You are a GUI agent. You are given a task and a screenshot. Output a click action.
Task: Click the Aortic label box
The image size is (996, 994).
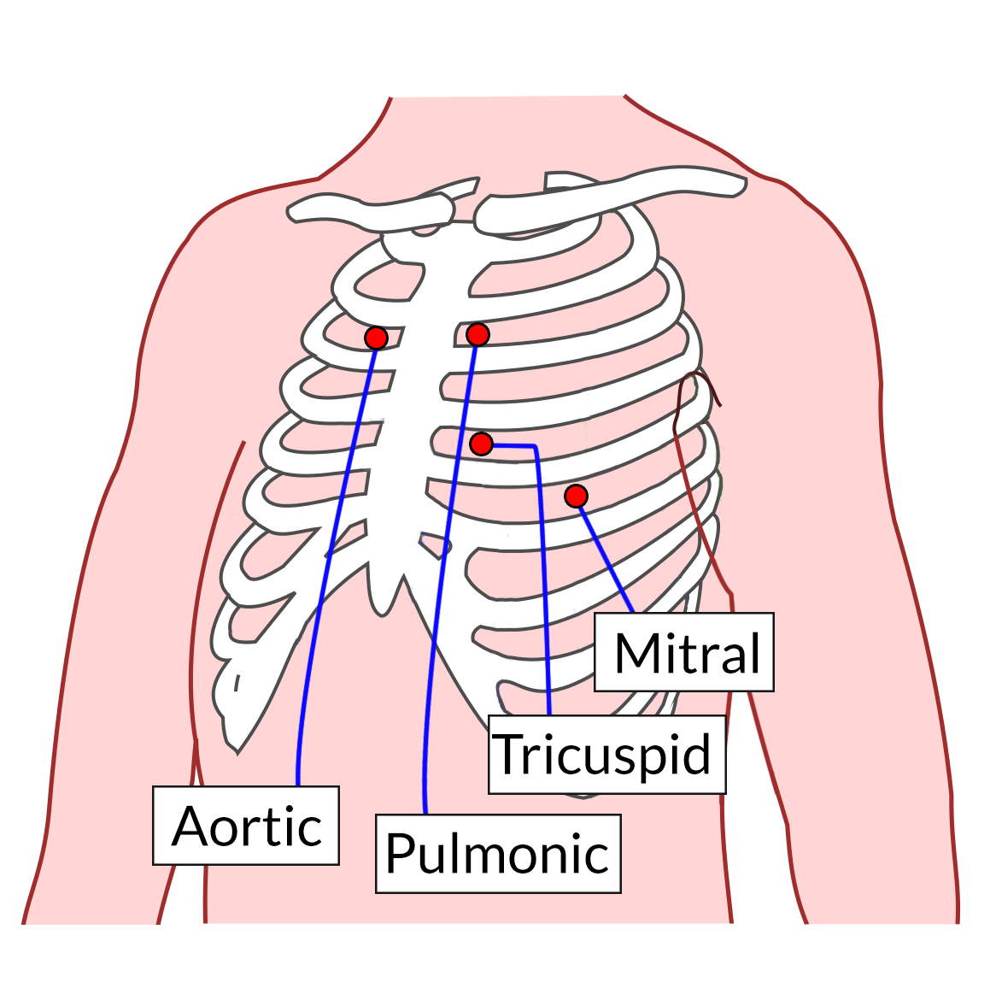(246, 826)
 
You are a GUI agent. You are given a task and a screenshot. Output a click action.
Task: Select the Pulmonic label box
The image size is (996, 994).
(498, 854)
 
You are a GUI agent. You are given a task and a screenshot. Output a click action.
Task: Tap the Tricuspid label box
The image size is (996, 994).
(606, 755)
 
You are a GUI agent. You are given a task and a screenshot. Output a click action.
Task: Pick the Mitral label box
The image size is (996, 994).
(684, 652)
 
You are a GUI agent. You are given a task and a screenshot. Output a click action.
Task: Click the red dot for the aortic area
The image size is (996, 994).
(376, 338)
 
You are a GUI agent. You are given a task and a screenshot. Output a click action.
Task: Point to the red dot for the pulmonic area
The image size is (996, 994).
(477, 334)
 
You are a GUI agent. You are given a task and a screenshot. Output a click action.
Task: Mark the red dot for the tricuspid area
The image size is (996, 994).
(482, 444)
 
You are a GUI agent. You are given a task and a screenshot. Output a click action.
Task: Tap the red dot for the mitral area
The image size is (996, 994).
(577, 496)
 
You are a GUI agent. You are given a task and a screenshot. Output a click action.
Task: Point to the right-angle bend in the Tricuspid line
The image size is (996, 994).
(536, 447)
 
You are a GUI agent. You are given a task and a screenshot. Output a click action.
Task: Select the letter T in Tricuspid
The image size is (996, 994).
(509, 754)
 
